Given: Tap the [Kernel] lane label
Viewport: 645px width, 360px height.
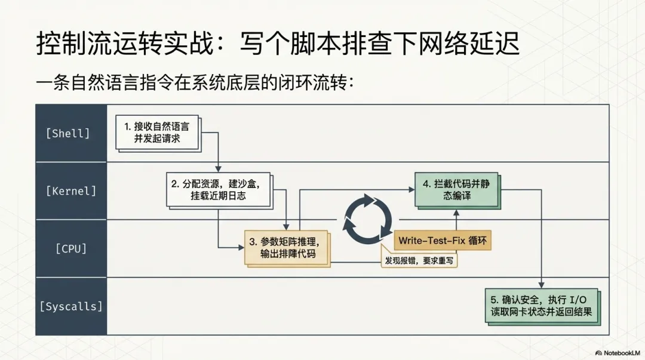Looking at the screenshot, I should [x=70, y=191].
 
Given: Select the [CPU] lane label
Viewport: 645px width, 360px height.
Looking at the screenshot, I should [x=70, y=248].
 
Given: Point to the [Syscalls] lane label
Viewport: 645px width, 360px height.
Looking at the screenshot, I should [x=70, y=306].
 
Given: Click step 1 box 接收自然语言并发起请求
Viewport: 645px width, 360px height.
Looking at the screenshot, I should [x=157, y=133].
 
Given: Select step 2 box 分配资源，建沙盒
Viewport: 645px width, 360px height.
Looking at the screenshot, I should [x=217, y=189].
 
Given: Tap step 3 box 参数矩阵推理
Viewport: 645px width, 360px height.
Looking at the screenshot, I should [x=287, y=248].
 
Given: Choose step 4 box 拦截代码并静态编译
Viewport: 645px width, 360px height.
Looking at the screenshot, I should [x=456, y=190].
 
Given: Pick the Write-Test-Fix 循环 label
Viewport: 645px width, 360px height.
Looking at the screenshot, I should [x=442, y=240].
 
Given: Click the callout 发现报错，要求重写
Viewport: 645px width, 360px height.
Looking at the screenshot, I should [x=422, y=261].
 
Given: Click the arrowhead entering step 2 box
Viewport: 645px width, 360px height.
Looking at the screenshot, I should [x=219, y=169].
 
